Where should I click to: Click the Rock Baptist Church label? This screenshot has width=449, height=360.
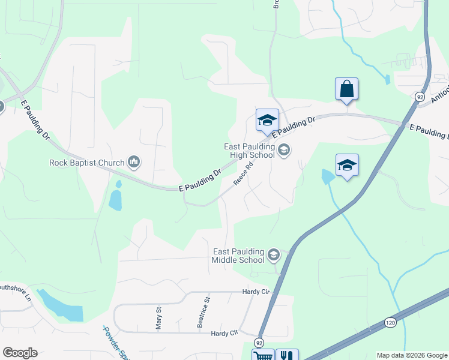point(86,162)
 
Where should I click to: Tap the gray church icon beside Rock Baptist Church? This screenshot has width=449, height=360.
point(134,161)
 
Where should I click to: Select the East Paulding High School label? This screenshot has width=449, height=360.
point(249,150)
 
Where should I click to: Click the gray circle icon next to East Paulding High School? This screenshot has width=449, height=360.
point(284,150)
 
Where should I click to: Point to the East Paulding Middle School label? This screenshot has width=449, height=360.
point(238,256)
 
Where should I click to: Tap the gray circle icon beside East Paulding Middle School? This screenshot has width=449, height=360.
point(273,256)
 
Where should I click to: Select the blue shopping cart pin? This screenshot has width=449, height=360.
point(263,355)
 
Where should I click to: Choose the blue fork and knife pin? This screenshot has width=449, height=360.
point(286,355)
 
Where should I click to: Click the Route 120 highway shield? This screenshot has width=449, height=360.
point(390,323)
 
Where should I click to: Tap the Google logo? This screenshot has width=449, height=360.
point(20,353)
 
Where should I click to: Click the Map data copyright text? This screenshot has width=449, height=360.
point(411,355)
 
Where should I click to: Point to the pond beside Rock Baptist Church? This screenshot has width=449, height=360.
point(115,198)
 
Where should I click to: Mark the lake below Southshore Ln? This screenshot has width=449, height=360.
point(62,305)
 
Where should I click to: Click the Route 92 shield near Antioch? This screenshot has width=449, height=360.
point(420,96)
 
